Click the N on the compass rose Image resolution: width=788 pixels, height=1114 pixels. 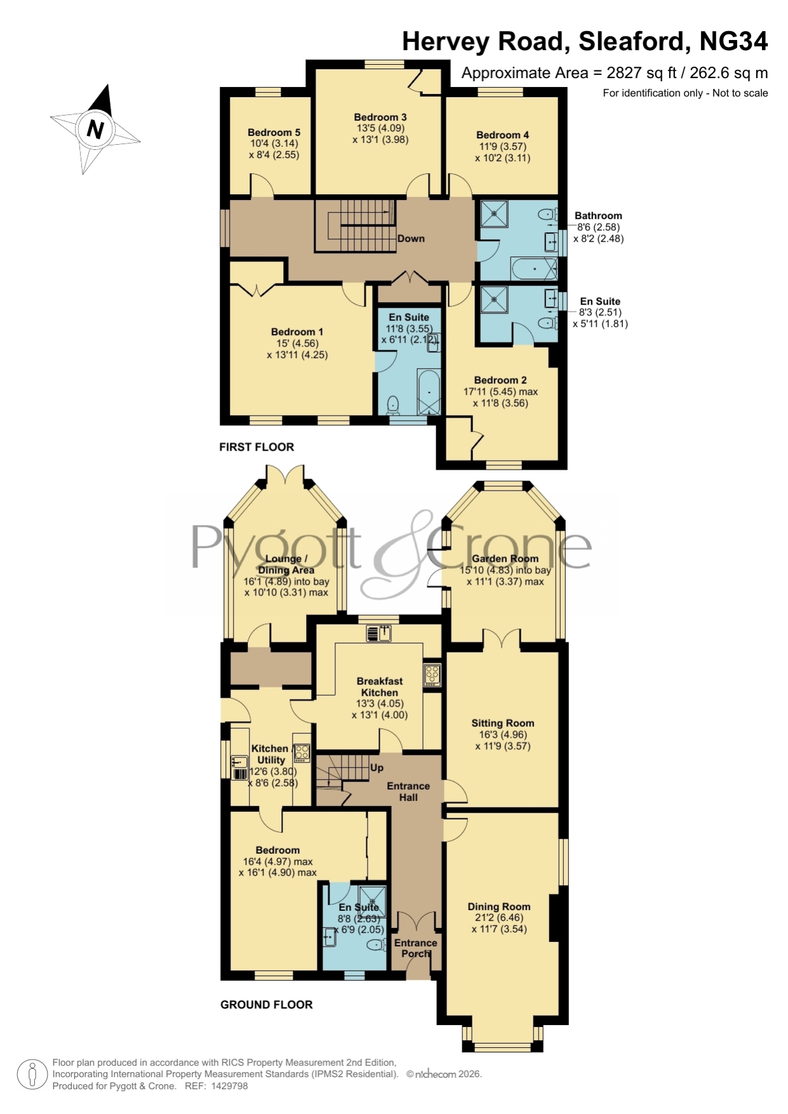tap(95, 129)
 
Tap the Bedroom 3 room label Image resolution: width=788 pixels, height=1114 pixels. tap(380, 117)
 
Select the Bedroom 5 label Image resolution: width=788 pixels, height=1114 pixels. tap(274, 132)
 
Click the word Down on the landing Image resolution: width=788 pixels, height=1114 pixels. tap(411, 239)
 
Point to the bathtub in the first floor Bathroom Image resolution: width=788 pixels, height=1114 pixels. tap(534, 269)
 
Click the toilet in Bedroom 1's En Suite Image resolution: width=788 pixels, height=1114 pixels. tap(393, 404)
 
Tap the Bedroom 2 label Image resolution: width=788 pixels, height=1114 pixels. tap(500, 380)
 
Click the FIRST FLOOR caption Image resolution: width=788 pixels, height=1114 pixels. tap(257, 447)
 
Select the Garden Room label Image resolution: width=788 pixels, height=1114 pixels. tap(505, 559)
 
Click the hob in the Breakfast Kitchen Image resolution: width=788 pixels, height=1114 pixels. tap(432, 675)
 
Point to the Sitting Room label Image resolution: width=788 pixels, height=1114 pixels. tap(503, 723)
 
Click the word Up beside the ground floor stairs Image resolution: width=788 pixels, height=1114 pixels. tap(377, 767)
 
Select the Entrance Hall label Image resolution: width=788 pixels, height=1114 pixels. tap(408, 792)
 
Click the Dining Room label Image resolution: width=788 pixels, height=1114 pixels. tap(499, 906)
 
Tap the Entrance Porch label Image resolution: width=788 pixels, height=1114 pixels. tap(416, 948)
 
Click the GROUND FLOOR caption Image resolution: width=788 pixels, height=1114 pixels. tap(267, 1005)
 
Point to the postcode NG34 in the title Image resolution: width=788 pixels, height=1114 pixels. tap(733, 41)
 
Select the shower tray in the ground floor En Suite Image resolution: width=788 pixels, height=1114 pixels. tap(373, 901)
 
